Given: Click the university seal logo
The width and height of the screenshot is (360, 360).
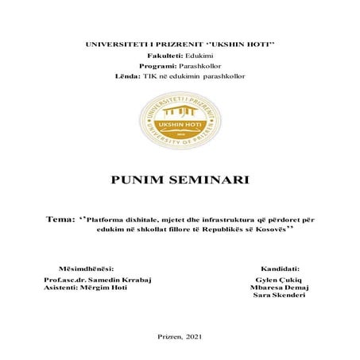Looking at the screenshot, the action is [x=180, y=121].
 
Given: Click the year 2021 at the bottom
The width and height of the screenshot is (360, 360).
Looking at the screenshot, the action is [x=193, y=337].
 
